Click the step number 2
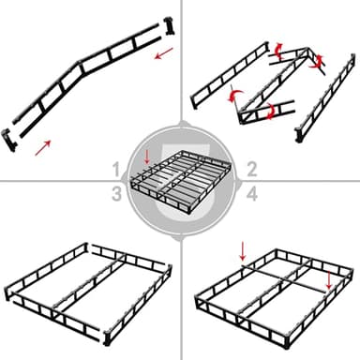[x=251, y=169]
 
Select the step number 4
[x=251, y=193]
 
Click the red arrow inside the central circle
[x=146, y=153]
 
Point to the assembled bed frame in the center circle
[x=180, y=183]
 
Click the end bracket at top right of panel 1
[x=170, y=22]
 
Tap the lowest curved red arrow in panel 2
[x=270, y=112]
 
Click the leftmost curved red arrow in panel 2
[x=233, y=95]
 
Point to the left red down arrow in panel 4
[x=242, y=249]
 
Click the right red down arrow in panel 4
[x=328, y=282]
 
